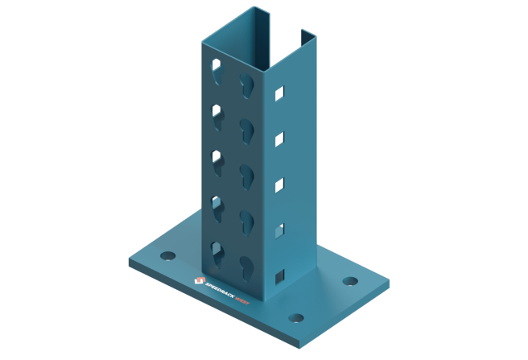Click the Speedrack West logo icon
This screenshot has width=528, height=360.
(x=200, y=280)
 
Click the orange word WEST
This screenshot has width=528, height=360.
(x=242, y=300)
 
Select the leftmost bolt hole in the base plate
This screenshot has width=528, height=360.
(x=167, y=256)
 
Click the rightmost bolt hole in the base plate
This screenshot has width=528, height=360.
(x=350, y=281)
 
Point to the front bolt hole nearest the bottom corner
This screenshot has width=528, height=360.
(x=296, y=318)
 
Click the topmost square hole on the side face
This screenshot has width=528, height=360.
(x=279, y=93)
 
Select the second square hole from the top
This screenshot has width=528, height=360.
(x=279, y=139)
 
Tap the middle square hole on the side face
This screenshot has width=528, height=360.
(x=279, y=185)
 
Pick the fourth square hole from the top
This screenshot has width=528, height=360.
(x=279, y=231)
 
